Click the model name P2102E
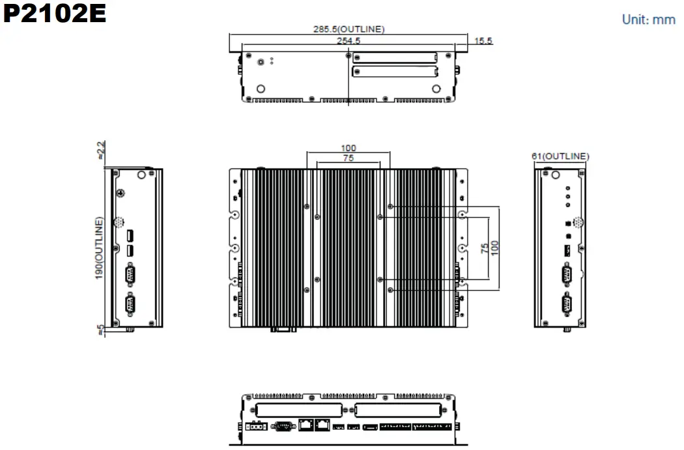(x=54, y=14)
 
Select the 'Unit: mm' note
(x=648, y=20)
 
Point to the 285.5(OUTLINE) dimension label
(x=349, y=29)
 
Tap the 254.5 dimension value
(x=349, y=40)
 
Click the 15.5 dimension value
(x=483, y=41)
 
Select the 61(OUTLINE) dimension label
(x=561, y=156)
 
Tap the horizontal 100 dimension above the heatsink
(x=349, y=148)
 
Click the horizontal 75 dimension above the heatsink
(x=349, y=158)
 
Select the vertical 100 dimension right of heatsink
(x=496, y=248)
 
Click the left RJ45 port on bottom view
(x=306, y=426)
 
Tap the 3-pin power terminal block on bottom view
(x=256, y=427)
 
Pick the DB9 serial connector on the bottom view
(x=282, y=426)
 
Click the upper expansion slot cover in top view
(x=395, y=57)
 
